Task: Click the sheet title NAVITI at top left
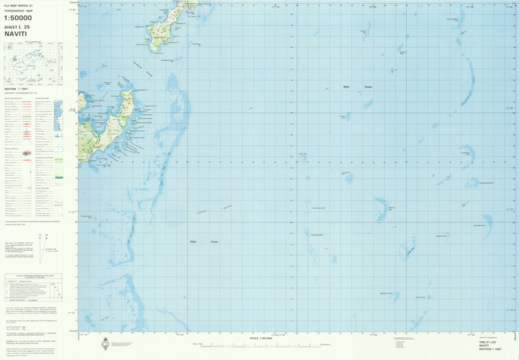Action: click(x=16, y=32)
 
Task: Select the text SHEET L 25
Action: click(x=17, y=26)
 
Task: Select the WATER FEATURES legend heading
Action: click(x=42, y=98)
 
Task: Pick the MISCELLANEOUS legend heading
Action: click(x=13, y=148)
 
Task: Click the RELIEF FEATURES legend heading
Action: click(x=43, y=189)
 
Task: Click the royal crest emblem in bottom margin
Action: click(x=106, y=342)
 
